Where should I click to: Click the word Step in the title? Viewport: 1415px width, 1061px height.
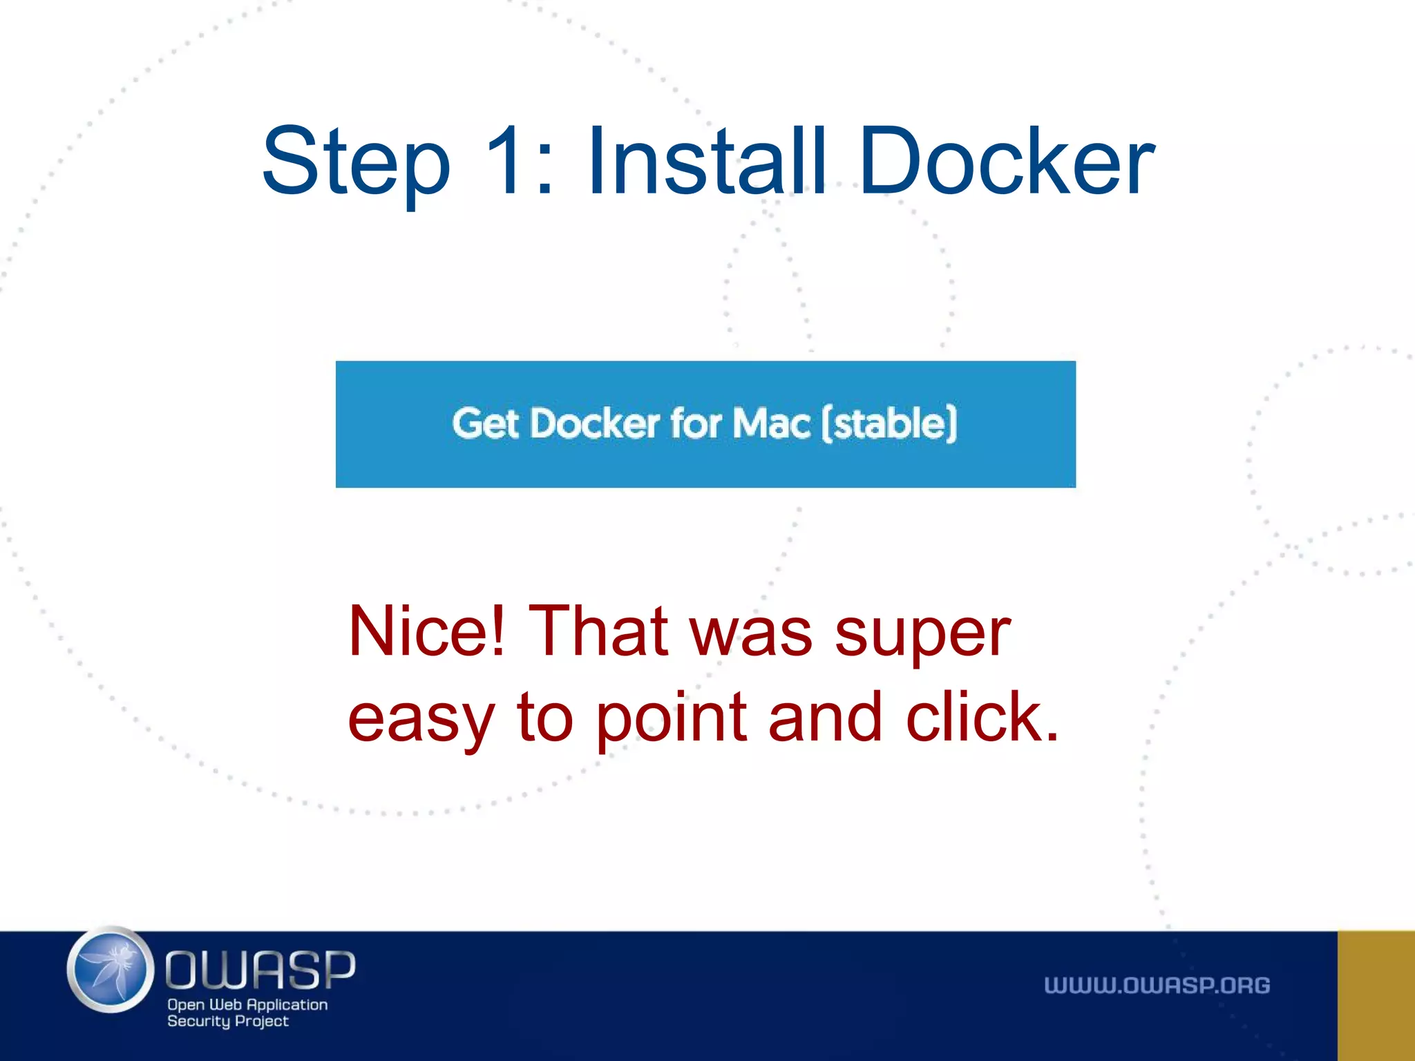(x=356, y=162)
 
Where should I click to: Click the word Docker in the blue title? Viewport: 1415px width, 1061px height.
(x=1007, y=162)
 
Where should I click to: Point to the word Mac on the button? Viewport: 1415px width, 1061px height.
(x=771, y=423)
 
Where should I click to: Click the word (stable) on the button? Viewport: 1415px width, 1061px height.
(x=890, y=423)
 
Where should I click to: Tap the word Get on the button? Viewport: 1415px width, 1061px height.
(x=485, y=423)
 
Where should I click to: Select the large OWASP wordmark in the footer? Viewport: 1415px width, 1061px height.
(x=260, y=969)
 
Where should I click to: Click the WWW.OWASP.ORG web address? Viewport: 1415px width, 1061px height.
(x=1157, y=986)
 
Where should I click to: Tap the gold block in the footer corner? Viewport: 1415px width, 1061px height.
(x=1376, y=995)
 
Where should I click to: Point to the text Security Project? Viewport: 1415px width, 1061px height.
(x=228, y=1022)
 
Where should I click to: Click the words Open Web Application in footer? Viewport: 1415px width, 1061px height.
(x=247, y=1005)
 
